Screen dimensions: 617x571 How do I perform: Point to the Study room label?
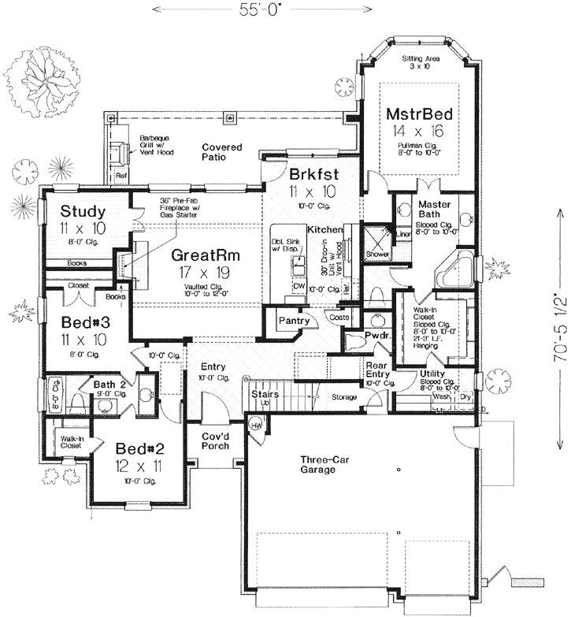[83, 211]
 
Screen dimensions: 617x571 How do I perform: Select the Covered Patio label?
[221, 152]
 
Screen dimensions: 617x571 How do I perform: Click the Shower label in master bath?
[378, 255]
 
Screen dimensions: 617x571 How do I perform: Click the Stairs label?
[261, 393]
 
